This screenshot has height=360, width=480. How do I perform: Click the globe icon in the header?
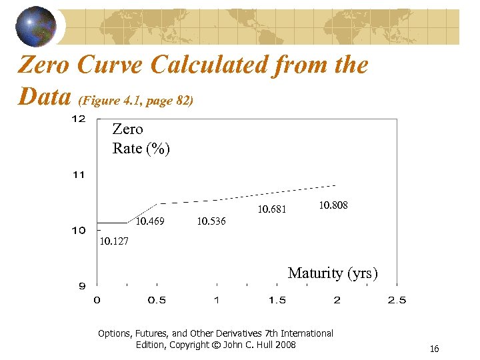(37, 26)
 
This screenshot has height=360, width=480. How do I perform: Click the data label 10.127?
(113, 241)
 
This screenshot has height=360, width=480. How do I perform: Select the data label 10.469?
(150, 221)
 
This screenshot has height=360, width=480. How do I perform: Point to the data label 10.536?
(211, 221)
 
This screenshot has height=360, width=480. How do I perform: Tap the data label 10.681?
(272, 209)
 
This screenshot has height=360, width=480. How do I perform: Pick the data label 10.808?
(333, 205)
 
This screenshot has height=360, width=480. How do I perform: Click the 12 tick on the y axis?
(78, 119)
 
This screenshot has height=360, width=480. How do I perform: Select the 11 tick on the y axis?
(78, 175)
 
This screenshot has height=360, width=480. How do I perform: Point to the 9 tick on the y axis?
(81, 287)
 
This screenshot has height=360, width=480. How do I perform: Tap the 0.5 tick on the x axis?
(157, 301)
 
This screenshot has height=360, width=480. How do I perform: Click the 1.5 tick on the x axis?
(277, 301)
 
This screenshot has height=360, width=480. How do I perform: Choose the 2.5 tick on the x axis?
(397, 301)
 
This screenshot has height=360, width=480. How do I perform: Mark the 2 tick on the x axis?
(337, 301)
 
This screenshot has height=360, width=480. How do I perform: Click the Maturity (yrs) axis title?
(333, 273)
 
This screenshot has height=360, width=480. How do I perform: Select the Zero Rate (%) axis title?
(141, 139)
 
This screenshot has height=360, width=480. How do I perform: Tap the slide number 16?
(434, 349)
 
